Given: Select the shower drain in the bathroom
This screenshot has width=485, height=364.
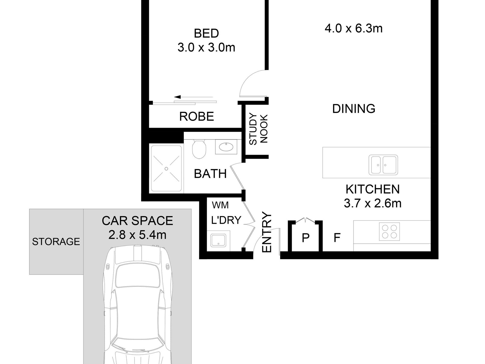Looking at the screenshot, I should pyautogui.click(x=166, y=169).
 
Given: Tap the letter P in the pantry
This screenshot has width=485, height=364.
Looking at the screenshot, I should pyautogui.click(x=306, y=238).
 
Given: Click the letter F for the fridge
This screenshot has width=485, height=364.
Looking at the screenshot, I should pyautogui.click(x=337, y=238).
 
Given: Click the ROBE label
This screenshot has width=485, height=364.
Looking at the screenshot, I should pyautogui.click(x=197, y=117).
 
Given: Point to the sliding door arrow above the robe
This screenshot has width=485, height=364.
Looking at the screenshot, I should pyautogui.click(x=193, y=97).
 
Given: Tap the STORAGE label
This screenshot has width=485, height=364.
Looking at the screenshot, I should pyautogui.click(x=56, y=241).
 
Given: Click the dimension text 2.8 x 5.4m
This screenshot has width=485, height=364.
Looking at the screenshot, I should pyautogui.click(x=137, y=235).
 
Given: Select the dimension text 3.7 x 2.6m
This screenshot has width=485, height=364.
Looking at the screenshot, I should pyautogui.click(x=373, y=204).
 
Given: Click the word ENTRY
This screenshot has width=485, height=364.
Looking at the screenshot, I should pyautogui.click(x=267, y=232).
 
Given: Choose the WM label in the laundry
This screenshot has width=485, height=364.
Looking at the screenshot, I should pyautogui.click(x=220, y=205).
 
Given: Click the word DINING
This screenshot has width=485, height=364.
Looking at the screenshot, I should pyautogui.click(x=354, y=109).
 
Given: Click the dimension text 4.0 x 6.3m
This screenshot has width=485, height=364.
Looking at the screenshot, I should pyautogui.click(x=354, y=29).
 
